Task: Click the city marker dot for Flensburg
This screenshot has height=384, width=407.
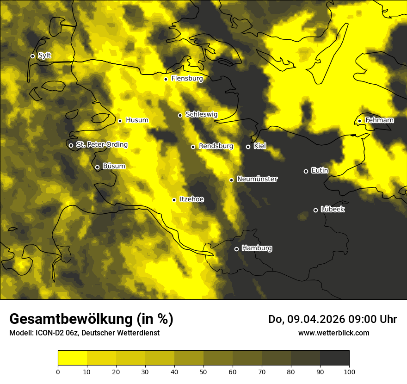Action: [x=166, y=79]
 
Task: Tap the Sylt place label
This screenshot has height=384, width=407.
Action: [x=44, y=56]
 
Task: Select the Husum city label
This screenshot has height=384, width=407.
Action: [x=137, y=120]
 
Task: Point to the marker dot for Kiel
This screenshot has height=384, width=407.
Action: [x=248, y=147]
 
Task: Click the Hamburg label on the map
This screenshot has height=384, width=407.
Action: [x=257, y=248]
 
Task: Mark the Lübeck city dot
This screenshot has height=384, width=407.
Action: [x=315, y=210]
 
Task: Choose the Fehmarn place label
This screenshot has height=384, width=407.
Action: [x=379, y=120]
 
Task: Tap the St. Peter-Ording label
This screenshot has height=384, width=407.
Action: [x=102, y=145]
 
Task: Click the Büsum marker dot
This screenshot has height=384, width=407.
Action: [x=97, y=167]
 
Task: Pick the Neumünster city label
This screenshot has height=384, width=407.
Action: [x=257, y=179]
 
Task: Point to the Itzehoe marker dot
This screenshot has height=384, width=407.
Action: [x=174, y=200]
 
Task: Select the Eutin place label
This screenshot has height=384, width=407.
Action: [x=320, y=171]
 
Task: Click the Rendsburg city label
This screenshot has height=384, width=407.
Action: [x=216, y=146]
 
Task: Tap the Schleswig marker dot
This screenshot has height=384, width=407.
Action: [x=180, y=115]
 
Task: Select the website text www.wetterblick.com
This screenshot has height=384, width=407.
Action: [x=333, y=333]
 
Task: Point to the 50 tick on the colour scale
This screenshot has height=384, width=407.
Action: [x=203, y=371]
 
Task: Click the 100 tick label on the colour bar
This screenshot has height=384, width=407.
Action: [x=349, y=371]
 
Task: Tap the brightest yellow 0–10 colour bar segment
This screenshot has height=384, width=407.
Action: [x=72, y=358]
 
